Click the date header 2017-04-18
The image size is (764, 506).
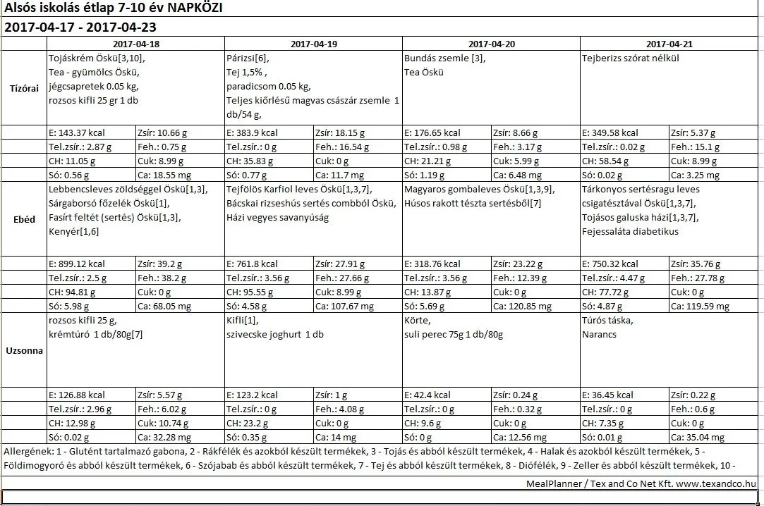[x=136, y=44]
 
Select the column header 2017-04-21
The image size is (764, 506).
[x=669, y=44]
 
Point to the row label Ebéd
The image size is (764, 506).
[x=25, y=219]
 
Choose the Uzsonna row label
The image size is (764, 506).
[x=25, y=350]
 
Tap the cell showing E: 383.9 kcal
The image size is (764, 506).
[x=253, y=132]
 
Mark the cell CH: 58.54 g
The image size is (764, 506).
[x=606, y=161]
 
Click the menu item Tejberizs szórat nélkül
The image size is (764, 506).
[x=630, y=58]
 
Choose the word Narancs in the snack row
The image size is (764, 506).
[x=599, y=334]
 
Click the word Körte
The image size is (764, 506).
[x=416, y=321]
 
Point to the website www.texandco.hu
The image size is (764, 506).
[x=716, y=483]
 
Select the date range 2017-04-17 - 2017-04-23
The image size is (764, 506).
[x=80, y=27]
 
